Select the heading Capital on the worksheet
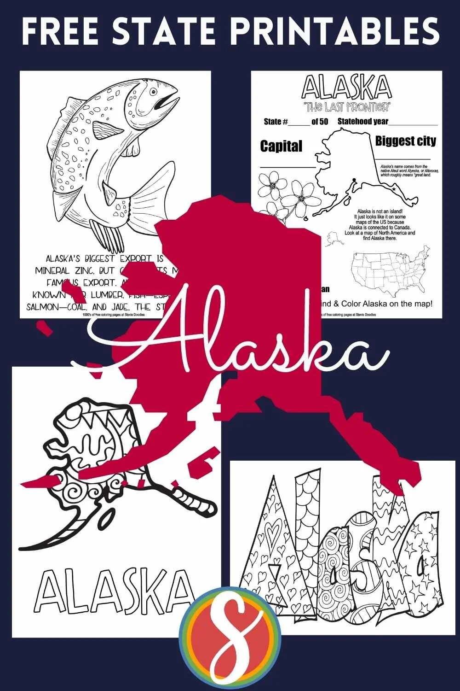pos(281,146)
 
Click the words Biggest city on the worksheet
pos(405,141)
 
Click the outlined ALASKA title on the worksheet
pos(347,88)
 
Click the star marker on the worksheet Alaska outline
pos(393,189)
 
